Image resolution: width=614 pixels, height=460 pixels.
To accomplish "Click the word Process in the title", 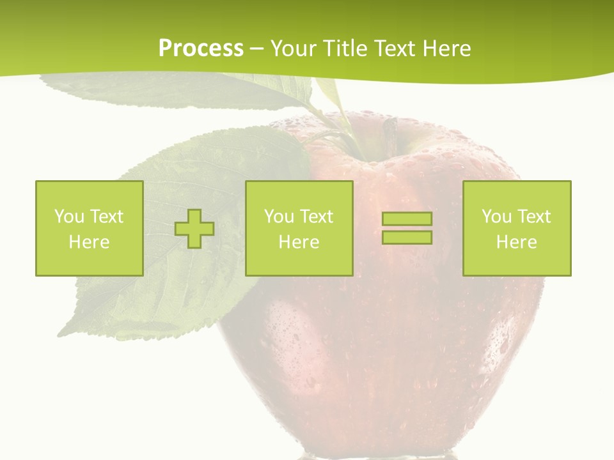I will [x=201, y=49].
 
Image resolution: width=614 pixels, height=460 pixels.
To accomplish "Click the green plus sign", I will [x=194, y=228].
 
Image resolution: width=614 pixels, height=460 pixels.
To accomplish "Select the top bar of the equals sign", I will [x=407, y=218].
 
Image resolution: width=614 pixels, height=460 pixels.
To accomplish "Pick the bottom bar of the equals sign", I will [x=407, y=237].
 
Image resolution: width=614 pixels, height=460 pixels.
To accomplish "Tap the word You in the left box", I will [x=69, y=217].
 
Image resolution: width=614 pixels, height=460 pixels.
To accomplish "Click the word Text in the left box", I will [x=106, y=217].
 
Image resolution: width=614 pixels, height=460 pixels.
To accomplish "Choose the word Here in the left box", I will [x=89, y=242].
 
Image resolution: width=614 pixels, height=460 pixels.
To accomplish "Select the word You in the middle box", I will [x=279, y=217].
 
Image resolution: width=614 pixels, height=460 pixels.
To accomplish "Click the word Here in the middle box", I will [x=299, y=242].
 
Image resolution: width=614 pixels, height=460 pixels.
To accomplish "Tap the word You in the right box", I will [x=496, y=217].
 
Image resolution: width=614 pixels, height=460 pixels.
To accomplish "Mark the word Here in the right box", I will [x=516, y=242].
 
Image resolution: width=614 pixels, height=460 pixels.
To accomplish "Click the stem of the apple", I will [x=390, y=134].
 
